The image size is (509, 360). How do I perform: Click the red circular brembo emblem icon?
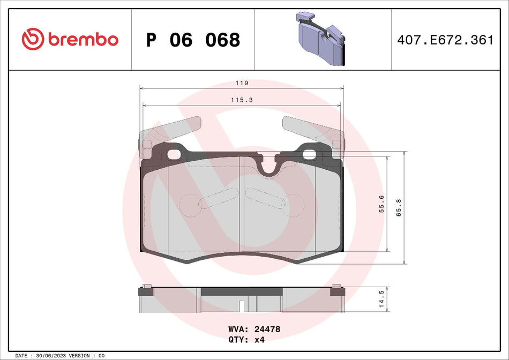click(32, 40)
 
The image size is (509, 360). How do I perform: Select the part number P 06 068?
click(193, 40)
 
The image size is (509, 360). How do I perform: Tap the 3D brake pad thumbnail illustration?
click(320, 39)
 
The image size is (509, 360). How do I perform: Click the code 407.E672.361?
click(444, 40)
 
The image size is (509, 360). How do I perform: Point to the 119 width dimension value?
click(242, 84)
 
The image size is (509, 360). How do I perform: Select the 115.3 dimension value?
click(242, 100)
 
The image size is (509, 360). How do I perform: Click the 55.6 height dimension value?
click(381, 204)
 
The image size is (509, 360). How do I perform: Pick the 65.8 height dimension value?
click(398, 207)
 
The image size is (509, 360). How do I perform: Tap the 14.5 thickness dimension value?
click(381, 299)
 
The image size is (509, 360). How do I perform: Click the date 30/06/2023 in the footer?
click(54, 356)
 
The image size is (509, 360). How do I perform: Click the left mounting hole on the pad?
click(174, 155)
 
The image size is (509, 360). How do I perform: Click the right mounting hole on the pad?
click(310, 155)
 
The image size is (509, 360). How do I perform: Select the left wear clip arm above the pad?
click(171, 129)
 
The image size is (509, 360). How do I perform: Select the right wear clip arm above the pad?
click(311, 129)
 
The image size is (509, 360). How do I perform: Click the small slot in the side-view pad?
click(242, 306)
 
